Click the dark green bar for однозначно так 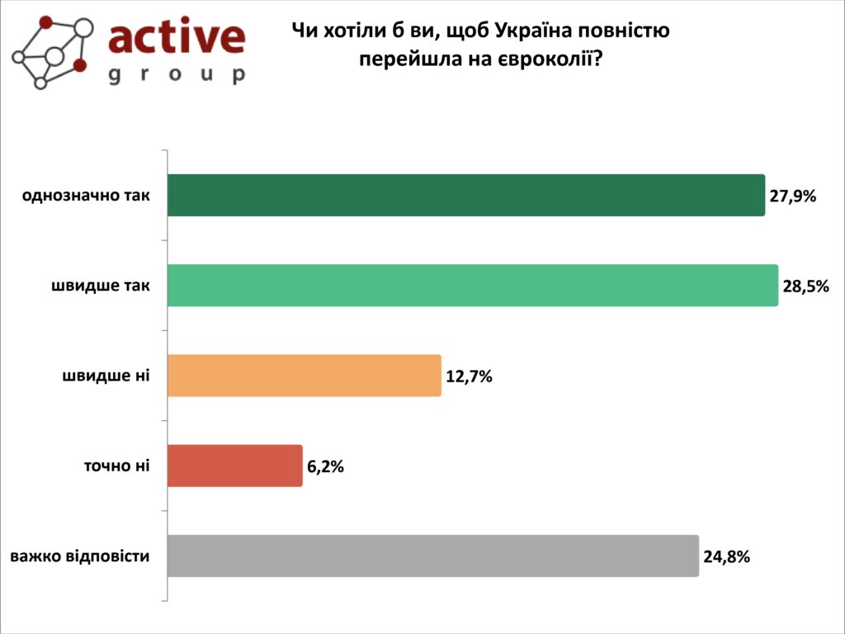coord(466,196)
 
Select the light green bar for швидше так coord(473,286)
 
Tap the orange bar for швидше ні coord(304,376)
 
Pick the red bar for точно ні coord(235,466)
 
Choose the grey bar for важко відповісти coord(433,556)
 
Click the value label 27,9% coord(793,196)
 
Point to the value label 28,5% coord(805,286)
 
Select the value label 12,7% coord(469,376)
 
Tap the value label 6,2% coord(325,466)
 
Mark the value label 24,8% coord(726,556)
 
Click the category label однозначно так coord(87,196)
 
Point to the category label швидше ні coord(106,376)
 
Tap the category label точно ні coord(116,466)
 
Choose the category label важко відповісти coord(80,556)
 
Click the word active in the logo coord(177,38)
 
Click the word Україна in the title coord(531,31)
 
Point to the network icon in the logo coord(51,50)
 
